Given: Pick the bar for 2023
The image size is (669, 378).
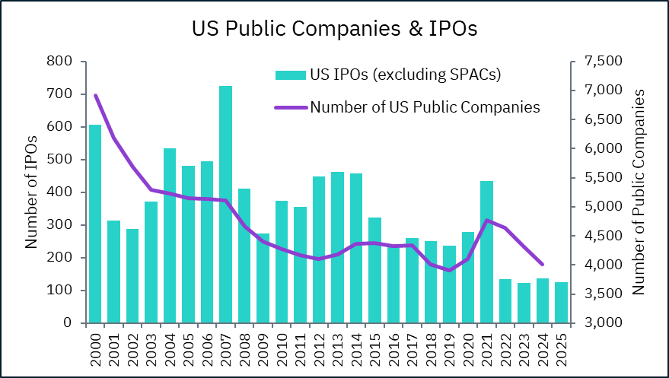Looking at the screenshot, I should [x=524, y=303].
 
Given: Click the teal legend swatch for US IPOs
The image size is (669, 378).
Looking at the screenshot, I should [x=290, y=75].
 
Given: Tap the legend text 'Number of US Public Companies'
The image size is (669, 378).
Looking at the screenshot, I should [x=425, y=107].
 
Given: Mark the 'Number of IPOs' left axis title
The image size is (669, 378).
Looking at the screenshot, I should [x=31, y=192].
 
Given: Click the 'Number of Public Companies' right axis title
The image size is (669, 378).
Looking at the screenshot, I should [x=639, y=192].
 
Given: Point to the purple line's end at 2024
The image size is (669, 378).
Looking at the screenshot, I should [x=542, y=264].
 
